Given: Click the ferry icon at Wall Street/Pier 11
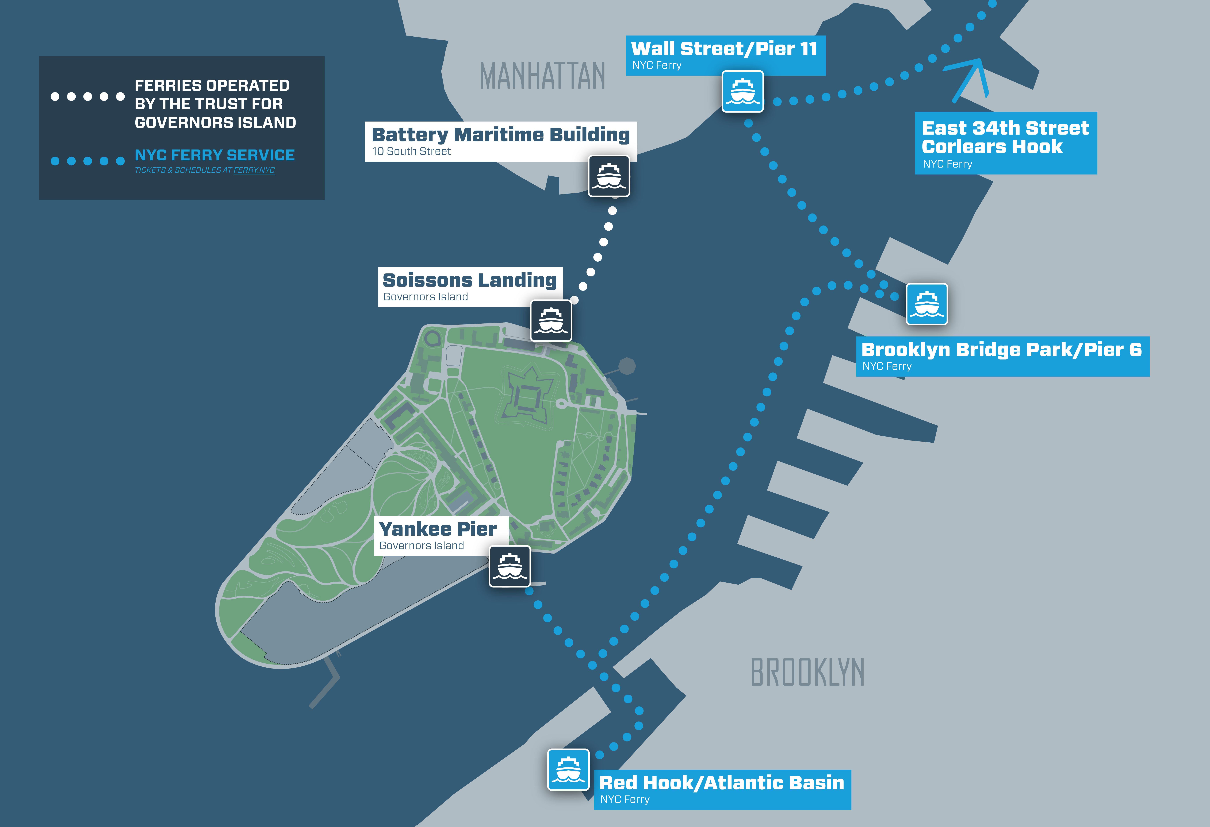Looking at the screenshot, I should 742,92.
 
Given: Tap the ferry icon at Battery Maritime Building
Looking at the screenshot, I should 609,176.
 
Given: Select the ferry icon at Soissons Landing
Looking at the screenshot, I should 551,321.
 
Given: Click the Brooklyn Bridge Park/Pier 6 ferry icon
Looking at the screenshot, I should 927,304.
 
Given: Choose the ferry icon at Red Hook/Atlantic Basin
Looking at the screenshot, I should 568,770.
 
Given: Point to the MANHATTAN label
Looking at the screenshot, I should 542,76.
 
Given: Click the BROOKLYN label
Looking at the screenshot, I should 807,673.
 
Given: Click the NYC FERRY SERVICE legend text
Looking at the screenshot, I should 215,155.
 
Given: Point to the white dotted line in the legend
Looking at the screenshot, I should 87,96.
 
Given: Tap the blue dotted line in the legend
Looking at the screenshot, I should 87,161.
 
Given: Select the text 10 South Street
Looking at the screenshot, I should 411,152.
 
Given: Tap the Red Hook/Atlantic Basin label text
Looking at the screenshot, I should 722,783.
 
